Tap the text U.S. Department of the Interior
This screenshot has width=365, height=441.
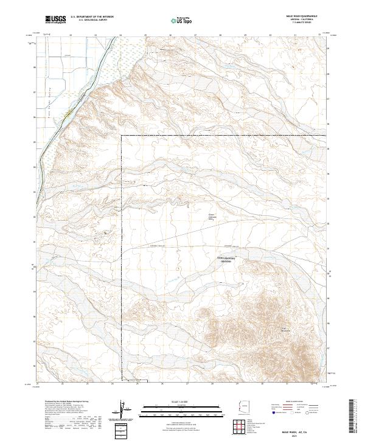coord(91,17)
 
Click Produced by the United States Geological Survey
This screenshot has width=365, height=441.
coord(61,402)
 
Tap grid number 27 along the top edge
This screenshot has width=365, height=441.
coord(195,35)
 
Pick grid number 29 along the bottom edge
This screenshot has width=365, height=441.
coord(237,384)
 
